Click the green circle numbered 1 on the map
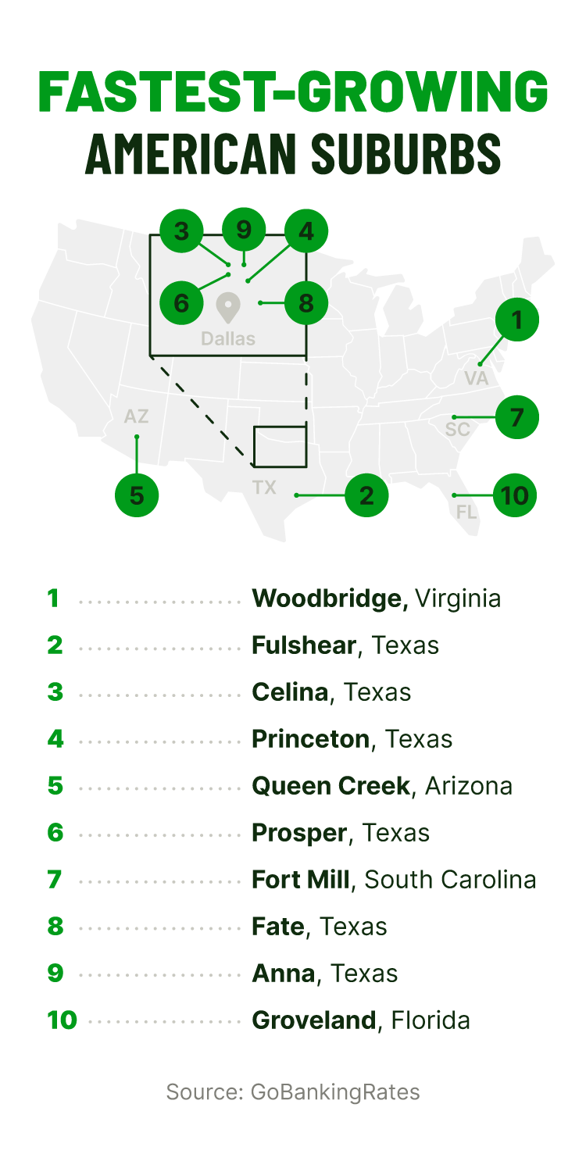click(x=516, y=319)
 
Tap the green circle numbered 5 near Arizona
click(x=137, y=495)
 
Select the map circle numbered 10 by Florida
click(x=516, y=495)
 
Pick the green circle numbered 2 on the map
click(x=366, y=495)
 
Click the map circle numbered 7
click(x=516, y=417)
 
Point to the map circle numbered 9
click(x=244, y=230)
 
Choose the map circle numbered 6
click(x=181, y=302)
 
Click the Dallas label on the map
click(x=228, y=339)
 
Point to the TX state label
click(x=264, y=488)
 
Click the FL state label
click(x=466, y=513)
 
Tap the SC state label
click(x=458, y=430)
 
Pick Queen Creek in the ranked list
click(x=331, y=786)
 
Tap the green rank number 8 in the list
click(x=55, y=927)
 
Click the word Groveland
click(x=314, y=1020)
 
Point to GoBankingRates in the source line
click(x=335, y=1092)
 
